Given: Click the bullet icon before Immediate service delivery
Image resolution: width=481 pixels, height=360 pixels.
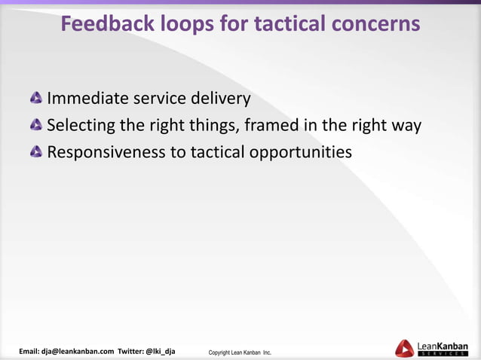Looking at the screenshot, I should point(36,99).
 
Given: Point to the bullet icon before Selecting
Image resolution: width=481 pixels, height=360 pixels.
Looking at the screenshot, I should point(36,126).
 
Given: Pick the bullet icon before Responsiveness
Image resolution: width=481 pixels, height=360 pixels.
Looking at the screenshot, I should point(36,153).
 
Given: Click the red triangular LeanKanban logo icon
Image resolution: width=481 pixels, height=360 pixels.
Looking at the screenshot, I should point(404,348).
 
